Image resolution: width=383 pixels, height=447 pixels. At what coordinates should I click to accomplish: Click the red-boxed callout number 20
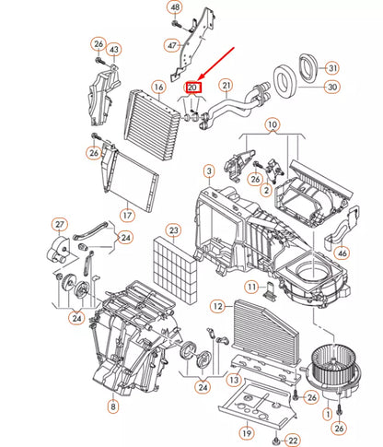point(194,88)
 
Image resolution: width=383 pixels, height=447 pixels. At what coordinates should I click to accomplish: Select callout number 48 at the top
point(174,7)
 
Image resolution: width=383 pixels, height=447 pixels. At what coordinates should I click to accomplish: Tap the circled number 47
point(172,44)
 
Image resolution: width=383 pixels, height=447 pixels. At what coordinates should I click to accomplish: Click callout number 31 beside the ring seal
point(332,67)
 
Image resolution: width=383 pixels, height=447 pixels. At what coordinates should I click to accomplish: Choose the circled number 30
point(332,88)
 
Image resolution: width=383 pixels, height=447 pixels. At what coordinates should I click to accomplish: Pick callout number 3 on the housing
point(209,171)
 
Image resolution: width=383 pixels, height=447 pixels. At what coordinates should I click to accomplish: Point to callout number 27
point(60,224)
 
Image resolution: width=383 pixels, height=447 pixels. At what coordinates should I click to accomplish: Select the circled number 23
point(172,229)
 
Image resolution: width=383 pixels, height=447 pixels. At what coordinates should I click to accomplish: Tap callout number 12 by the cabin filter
point(217,306)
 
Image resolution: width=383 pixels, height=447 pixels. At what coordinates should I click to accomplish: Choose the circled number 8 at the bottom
point(112,406)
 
